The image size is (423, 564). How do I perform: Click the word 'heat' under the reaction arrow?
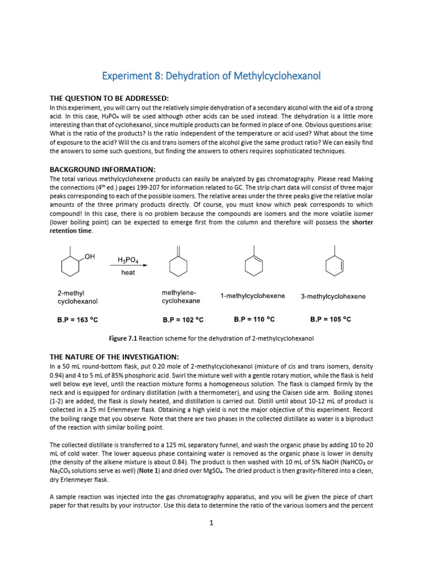pos(128,273)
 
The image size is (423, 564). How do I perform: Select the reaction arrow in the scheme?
pos(128,267)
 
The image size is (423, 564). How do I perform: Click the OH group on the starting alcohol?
pos(90,257)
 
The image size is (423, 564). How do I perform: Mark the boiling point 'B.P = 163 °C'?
pos(78,319)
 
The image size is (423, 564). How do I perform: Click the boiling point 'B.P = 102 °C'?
pos(183,319)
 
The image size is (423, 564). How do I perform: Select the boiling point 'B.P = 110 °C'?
pos(255,318)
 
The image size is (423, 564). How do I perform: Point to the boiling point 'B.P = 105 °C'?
pos(330,318)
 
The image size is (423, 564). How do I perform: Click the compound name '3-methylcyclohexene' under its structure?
pos(333,296)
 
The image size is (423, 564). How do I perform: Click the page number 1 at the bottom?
pos(211,523)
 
